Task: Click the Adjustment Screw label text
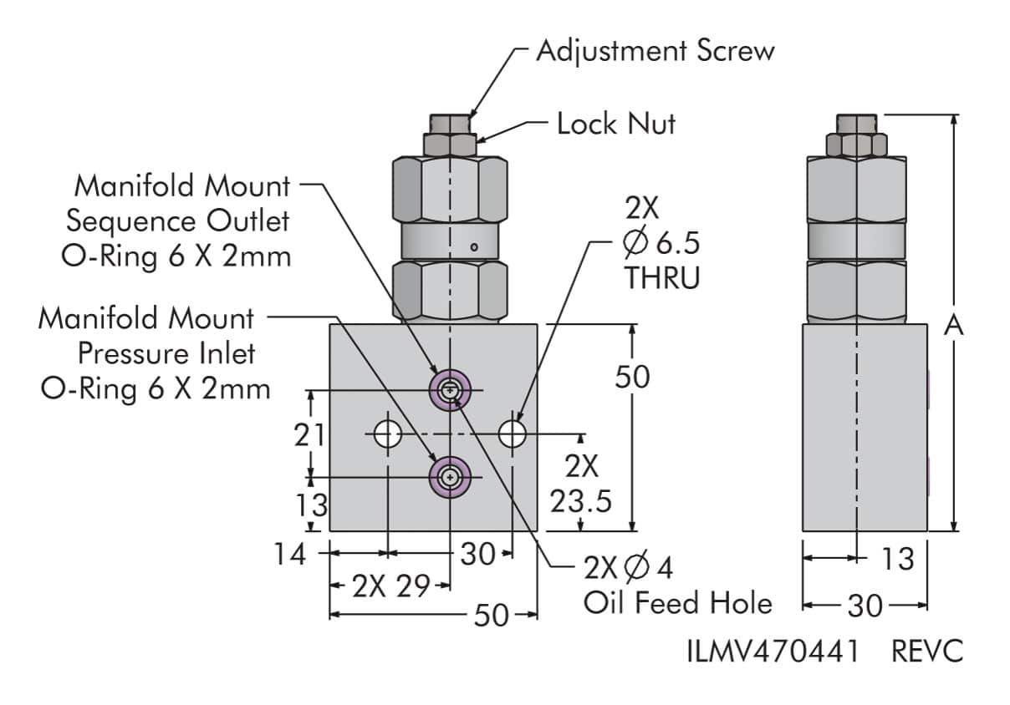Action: click(655, 51)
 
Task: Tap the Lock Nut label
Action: click(616, 124)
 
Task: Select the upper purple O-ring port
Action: click(450, 388)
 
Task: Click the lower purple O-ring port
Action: click(450, 477)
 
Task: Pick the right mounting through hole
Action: click(512, 434)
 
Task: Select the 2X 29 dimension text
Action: click(390, 587)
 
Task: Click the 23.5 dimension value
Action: click(582, 502)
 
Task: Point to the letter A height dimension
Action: click(954, 325)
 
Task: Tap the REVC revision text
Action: click(927, 652)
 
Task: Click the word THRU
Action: click(662, 279)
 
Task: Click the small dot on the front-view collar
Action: click(473, 246)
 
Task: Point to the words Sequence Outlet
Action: click(178, 221)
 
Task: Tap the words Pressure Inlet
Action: click(166, 353)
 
